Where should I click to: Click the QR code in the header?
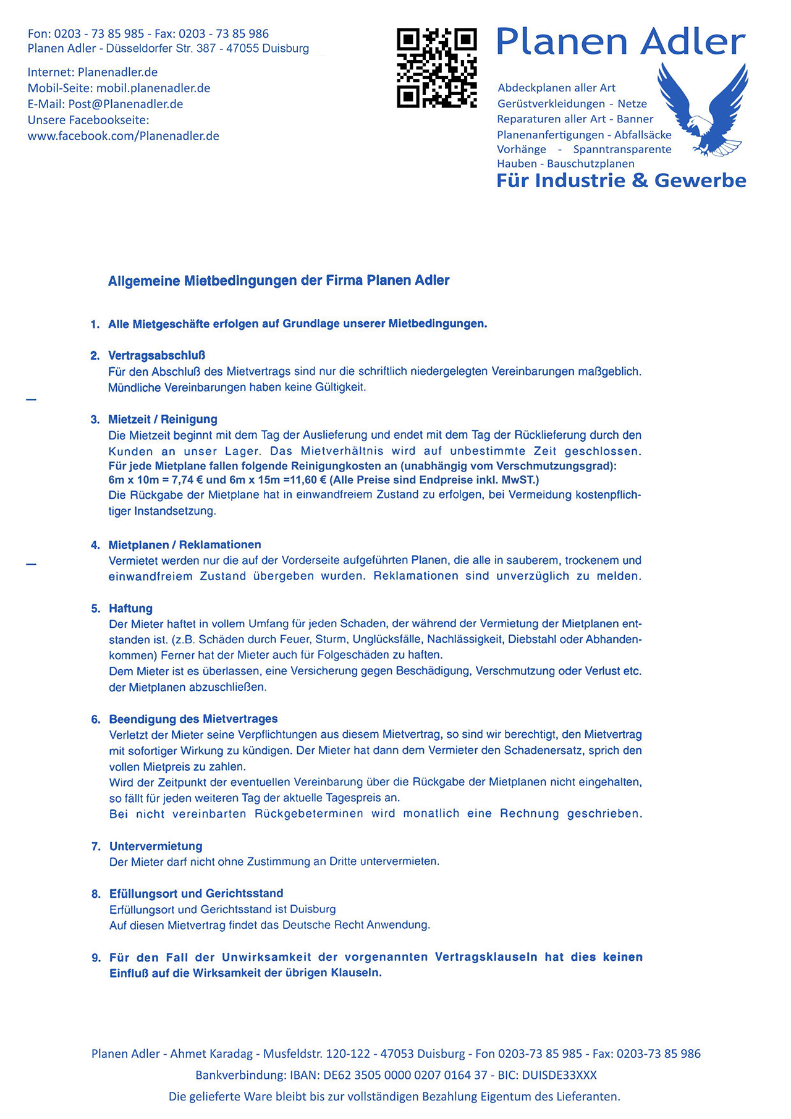pyautogui.click(x=436, y=68)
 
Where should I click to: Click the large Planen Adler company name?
pyautogui.click(x=620, y=42)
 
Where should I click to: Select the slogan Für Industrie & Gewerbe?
pyautogui.click(x=621, y=180)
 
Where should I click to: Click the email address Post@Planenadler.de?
pyautogui.click(x=125, y=104)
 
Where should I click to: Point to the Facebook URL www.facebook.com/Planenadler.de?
pyautogui.click(x=123, y=136)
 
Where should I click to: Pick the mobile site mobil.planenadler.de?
pyautogui.click(x=153, y=88)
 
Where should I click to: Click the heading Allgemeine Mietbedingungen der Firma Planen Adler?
pyautogui.click(x=279, y=281)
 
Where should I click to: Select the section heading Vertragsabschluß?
pyautogui.click(x=156, y=355)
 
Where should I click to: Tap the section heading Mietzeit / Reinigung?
pyautogui.click(x=163, y=419)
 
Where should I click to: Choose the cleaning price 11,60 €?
pyautogui.click(x=304, y=480)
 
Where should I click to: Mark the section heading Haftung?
pyautogui.click(x=130, y=608)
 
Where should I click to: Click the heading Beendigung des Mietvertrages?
pyautogui.click(x=193, y=719)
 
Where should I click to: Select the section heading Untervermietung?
pyautogui.click(x=156, y=846)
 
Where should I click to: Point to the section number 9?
pyautogui.click(x=96, y=958)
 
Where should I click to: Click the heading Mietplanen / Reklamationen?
pyautogui.click(x=185, y=544)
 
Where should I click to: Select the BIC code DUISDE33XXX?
pyautogui.click(x=559, y=1075)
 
